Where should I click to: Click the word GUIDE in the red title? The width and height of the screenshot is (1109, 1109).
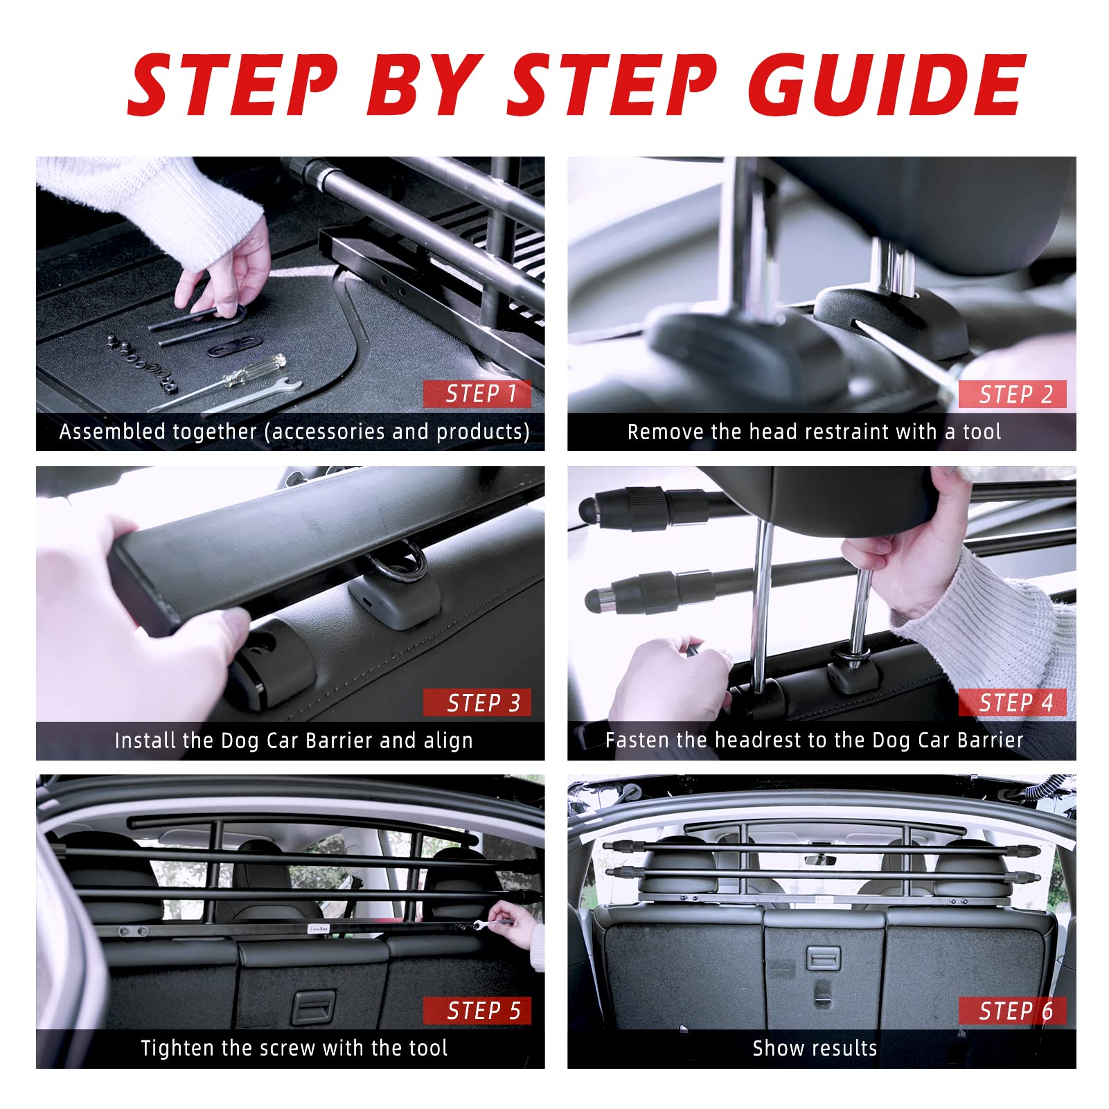point(887,86)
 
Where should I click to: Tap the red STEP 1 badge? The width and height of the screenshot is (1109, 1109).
point(478,394)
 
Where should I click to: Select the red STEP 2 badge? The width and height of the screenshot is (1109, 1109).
point(1013,394)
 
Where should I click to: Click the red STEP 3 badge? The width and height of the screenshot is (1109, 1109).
point(478,703)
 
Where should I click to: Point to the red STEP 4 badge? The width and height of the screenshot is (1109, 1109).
point(1013,703)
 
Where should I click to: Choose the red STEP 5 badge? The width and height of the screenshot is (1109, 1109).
point(478,1011)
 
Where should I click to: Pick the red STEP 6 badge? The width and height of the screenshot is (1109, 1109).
point(1013,1011)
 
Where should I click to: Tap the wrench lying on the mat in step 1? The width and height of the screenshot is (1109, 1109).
point(229,396)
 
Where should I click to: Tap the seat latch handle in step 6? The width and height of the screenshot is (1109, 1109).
point(824,959)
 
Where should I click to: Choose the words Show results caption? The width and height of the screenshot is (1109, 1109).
point(815,1049)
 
